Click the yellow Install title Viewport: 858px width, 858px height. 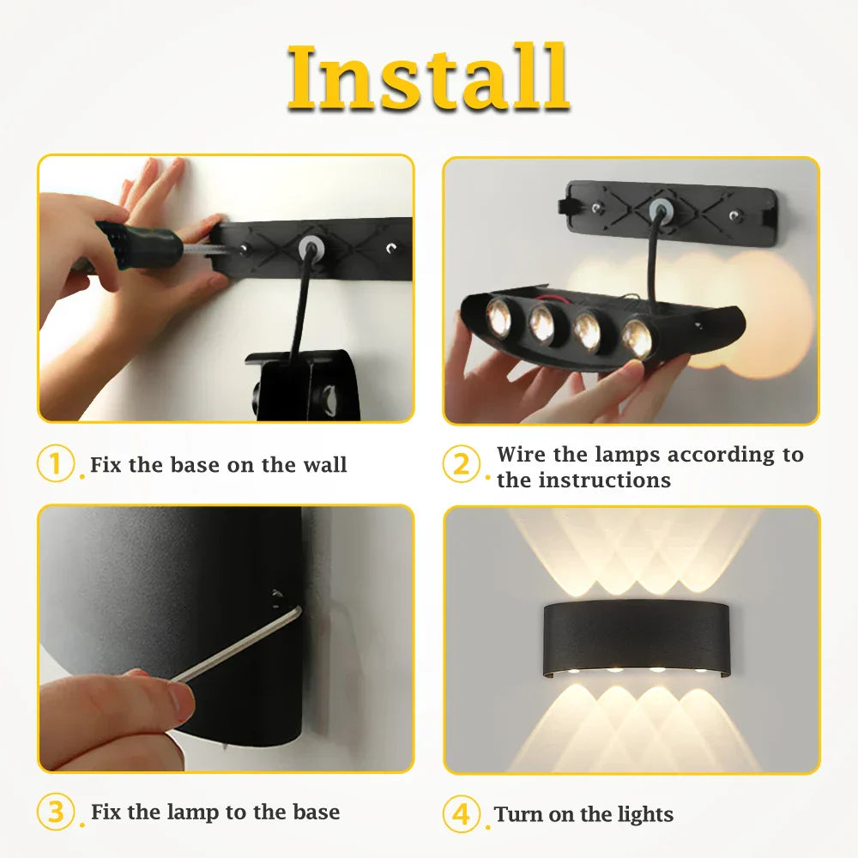click(x=428, y=78)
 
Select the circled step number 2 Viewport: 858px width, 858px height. click(x=462, y=465)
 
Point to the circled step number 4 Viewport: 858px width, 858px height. click(x=462, y=813)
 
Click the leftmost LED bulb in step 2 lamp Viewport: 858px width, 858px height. click(x=500, y=317)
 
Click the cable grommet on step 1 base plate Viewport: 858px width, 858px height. click(x=310, y=249)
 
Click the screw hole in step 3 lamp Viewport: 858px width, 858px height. click(x=276, y=595)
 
